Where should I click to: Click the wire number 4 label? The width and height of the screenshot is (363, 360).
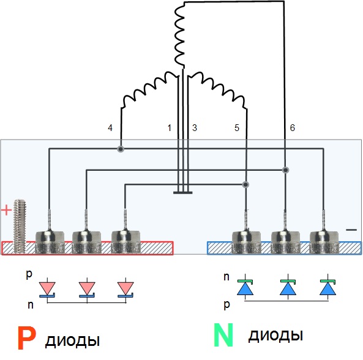110,128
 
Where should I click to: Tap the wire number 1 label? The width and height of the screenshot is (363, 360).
170,128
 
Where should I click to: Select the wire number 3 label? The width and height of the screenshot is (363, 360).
195,128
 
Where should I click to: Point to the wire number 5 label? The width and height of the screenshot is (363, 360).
237,128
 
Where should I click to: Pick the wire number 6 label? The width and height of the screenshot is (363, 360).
293,128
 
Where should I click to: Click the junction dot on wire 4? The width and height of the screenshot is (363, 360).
121,149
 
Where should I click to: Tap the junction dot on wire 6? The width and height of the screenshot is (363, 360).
286,170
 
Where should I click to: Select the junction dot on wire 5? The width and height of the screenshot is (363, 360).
245,184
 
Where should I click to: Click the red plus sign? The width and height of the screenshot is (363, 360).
7,210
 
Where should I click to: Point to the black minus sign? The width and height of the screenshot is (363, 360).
351,230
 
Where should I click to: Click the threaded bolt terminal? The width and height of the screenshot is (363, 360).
19,226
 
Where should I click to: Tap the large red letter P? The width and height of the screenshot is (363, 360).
27,338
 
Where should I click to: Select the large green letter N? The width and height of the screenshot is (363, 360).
223,335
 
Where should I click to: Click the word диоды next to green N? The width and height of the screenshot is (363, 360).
275,336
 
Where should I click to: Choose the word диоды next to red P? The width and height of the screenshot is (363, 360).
72,341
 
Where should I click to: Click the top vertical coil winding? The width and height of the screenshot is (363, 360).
179,36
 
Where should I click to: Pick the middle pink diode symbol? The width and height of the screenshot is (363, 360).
87,290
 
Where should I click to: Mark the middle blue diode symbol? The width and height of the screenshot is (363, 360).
288,287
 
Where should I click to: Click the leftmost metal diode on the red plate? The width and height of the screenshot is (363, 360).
50,241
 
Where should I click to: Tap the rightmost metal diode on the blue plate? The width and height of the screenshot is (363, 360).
324,241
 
